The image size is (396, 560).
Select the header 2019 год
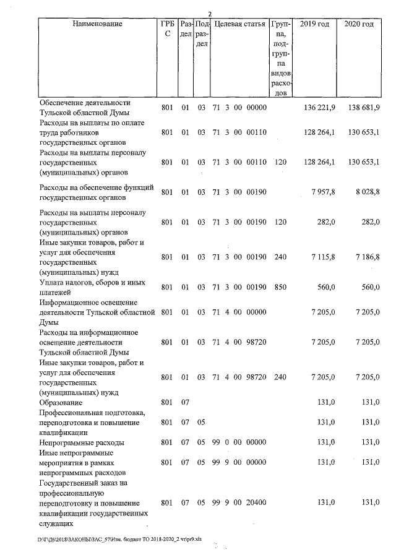pos(313,24)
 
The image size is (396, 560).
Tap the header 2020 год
pos(358,24)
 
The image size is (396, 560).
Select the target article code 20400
pos(256,503)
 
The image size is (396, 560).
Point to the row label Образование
pos(64,403)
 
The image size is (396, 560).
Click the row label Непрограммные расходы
pos(81,443)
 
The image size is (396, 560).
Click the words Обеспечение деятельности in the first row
pos(85,103)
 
